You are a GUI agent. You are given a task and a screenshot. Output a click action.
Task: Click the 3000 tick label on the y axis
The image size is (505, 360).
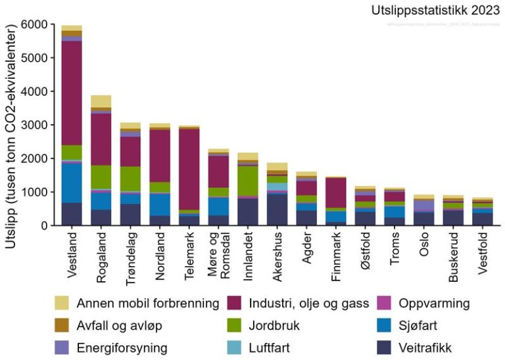pyautogui.click(x=34, y=125)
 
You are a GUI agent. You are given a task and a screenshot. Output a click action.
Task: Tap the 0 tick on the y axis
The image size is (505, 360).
pyautogui.click(x=43, y=226)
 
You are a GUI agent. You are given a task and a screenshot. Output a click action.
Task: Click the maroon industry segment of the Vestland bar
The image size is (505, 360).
pyautogui.click(x=72, y=93)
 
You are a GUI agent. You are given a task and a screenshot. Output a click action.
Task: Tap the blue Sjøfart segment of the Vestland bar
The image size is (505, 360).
pyautogui.click(x=72, y=183)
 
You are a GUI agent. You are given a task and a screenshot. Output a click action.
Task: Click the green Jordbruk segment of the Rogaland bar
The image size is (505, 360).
pyautogui.click(x=101, y=177)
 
